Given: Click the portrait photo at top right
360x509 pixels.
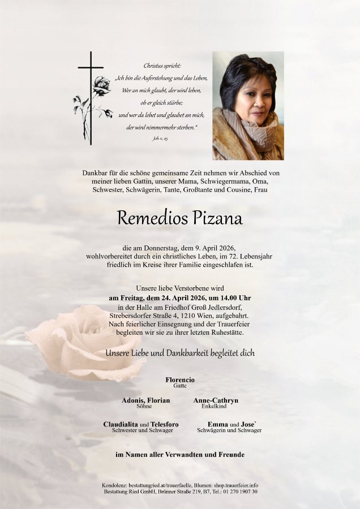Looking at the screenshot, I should point(248,106).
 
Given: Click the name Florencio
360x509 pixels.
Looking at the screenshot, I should point(180,379).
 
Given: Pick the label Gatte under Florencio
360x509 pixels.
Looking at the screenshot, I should point(180,386).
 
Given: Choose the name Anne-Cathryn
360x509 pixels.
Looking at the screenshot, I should point(216,400).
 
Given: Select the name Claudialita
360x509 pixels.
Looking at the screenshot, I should point(122,424).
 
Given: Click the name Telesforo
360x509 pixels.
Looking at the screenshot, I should point(165,424).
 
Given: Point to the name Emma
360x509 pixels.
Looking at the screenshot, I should point(218,424).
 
